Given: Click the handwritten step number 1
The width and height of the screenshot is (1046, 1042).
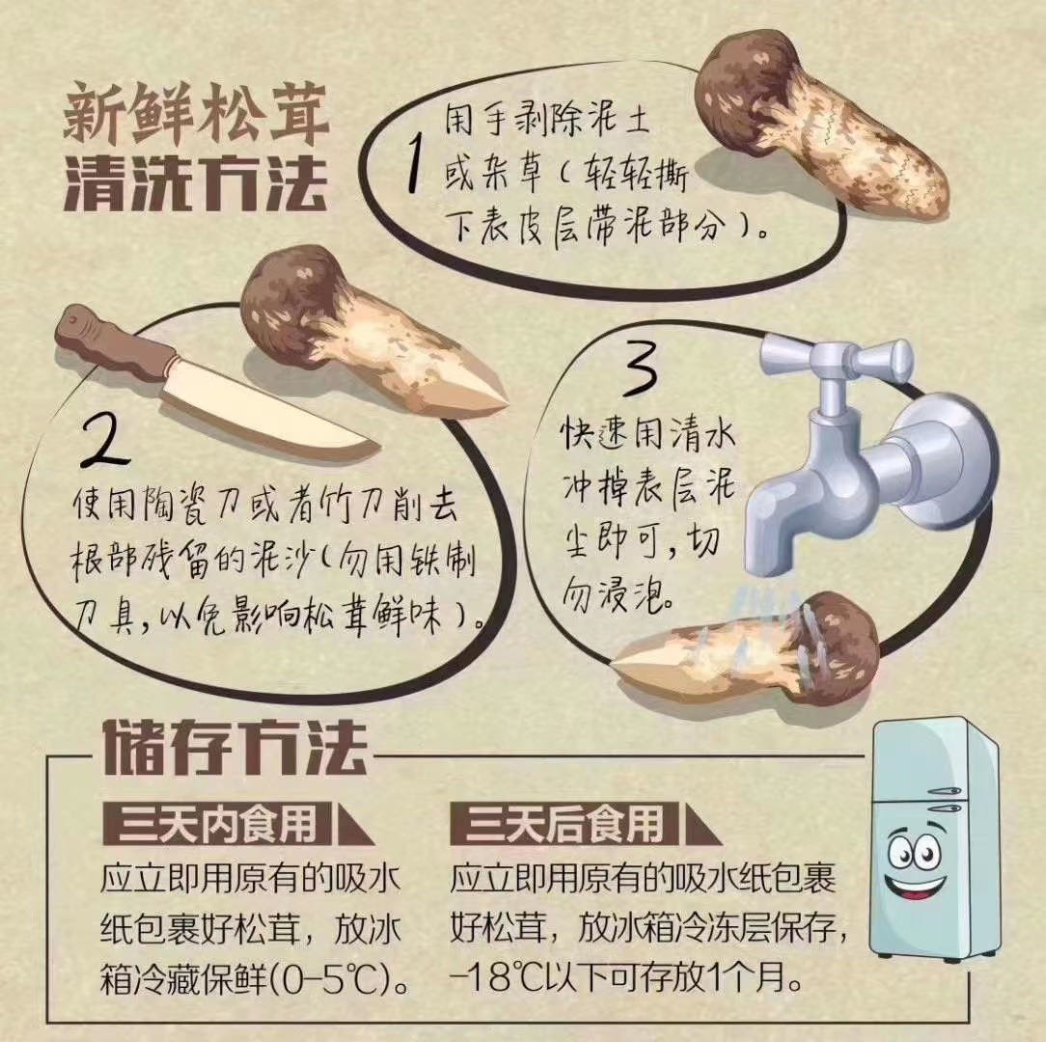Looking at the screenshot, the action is tap(416, 163).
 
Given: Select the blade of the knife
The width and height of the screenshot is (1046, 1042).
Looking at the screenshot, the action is tap(267, 414).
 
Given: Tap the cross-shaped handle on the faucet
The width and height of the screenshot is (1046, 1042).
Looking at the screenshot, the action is tap(838, 360).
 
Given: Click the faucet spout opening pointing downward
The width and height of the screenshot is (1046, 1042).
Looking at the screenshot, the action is tap(768, 562).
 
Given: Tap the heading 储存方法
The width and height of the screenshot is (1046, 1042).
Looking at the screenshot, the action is tap(235, 747).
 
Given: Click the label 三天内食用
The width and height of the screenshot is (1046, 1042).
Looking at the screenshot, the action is tap(216, 824).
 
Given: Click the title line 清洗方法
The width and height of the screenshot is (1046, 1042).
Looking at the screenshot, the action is tap(196, 182).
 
